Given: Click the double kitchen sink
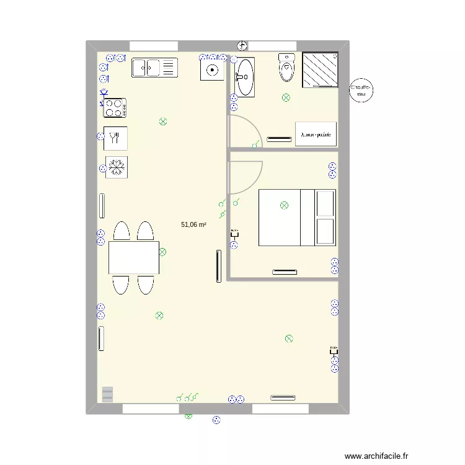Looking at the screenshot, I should click(154, 67).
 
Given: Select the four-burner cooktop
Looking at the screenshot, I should click(115, 108).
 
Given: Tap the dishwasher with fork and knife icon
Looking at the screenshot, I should click(115, 138).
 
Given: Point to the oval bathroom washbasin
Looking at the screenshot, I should click(244, 77).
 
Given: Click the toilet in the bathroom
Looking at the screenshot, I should click(286, 68).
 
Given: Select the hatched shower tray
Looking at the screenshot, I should click(320, 71).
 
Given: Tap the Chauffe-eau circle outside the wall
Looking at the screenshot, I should click(361, 92).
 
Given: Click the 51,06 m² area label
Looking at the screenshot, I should click(193, 225).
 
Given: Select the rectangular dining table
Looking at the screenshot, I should click(133, 257).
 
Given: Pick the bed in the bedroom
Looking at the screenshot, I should click(297, 218).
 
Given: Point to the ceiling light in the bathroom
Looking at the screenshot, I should click(286, 97).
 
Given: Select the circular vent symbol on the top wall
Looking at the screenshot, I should click(242, 45).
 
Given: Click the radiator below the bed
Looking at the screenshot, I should click(284, 271).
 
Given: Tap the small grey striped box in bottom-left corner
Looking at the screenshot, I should click(108, 394).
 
